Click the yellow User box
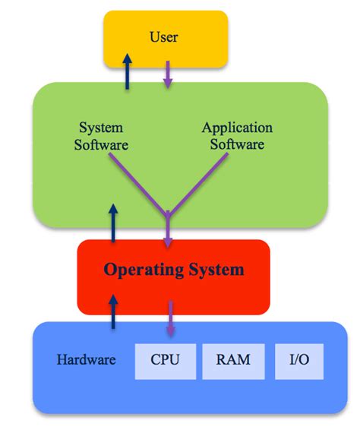click(x=165, y=38)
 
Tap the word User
click(x=165, y=36)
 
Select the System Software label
click(x=101, y=135)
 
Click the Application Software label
click(x=236, y=135)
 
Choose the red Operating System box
click(x=173, y=277)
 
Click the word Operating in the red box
click(x=141, y=270)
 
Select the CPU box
click(x=164, y=359)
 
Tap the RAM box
click(x=232, y=359)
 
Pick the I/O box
click(x=298, y=359)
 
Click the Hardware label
click(x=86, y=359)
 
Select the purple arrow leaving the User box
click(x=168, y=74)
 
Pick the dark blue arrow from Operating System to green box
click(x=115, y=223)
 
